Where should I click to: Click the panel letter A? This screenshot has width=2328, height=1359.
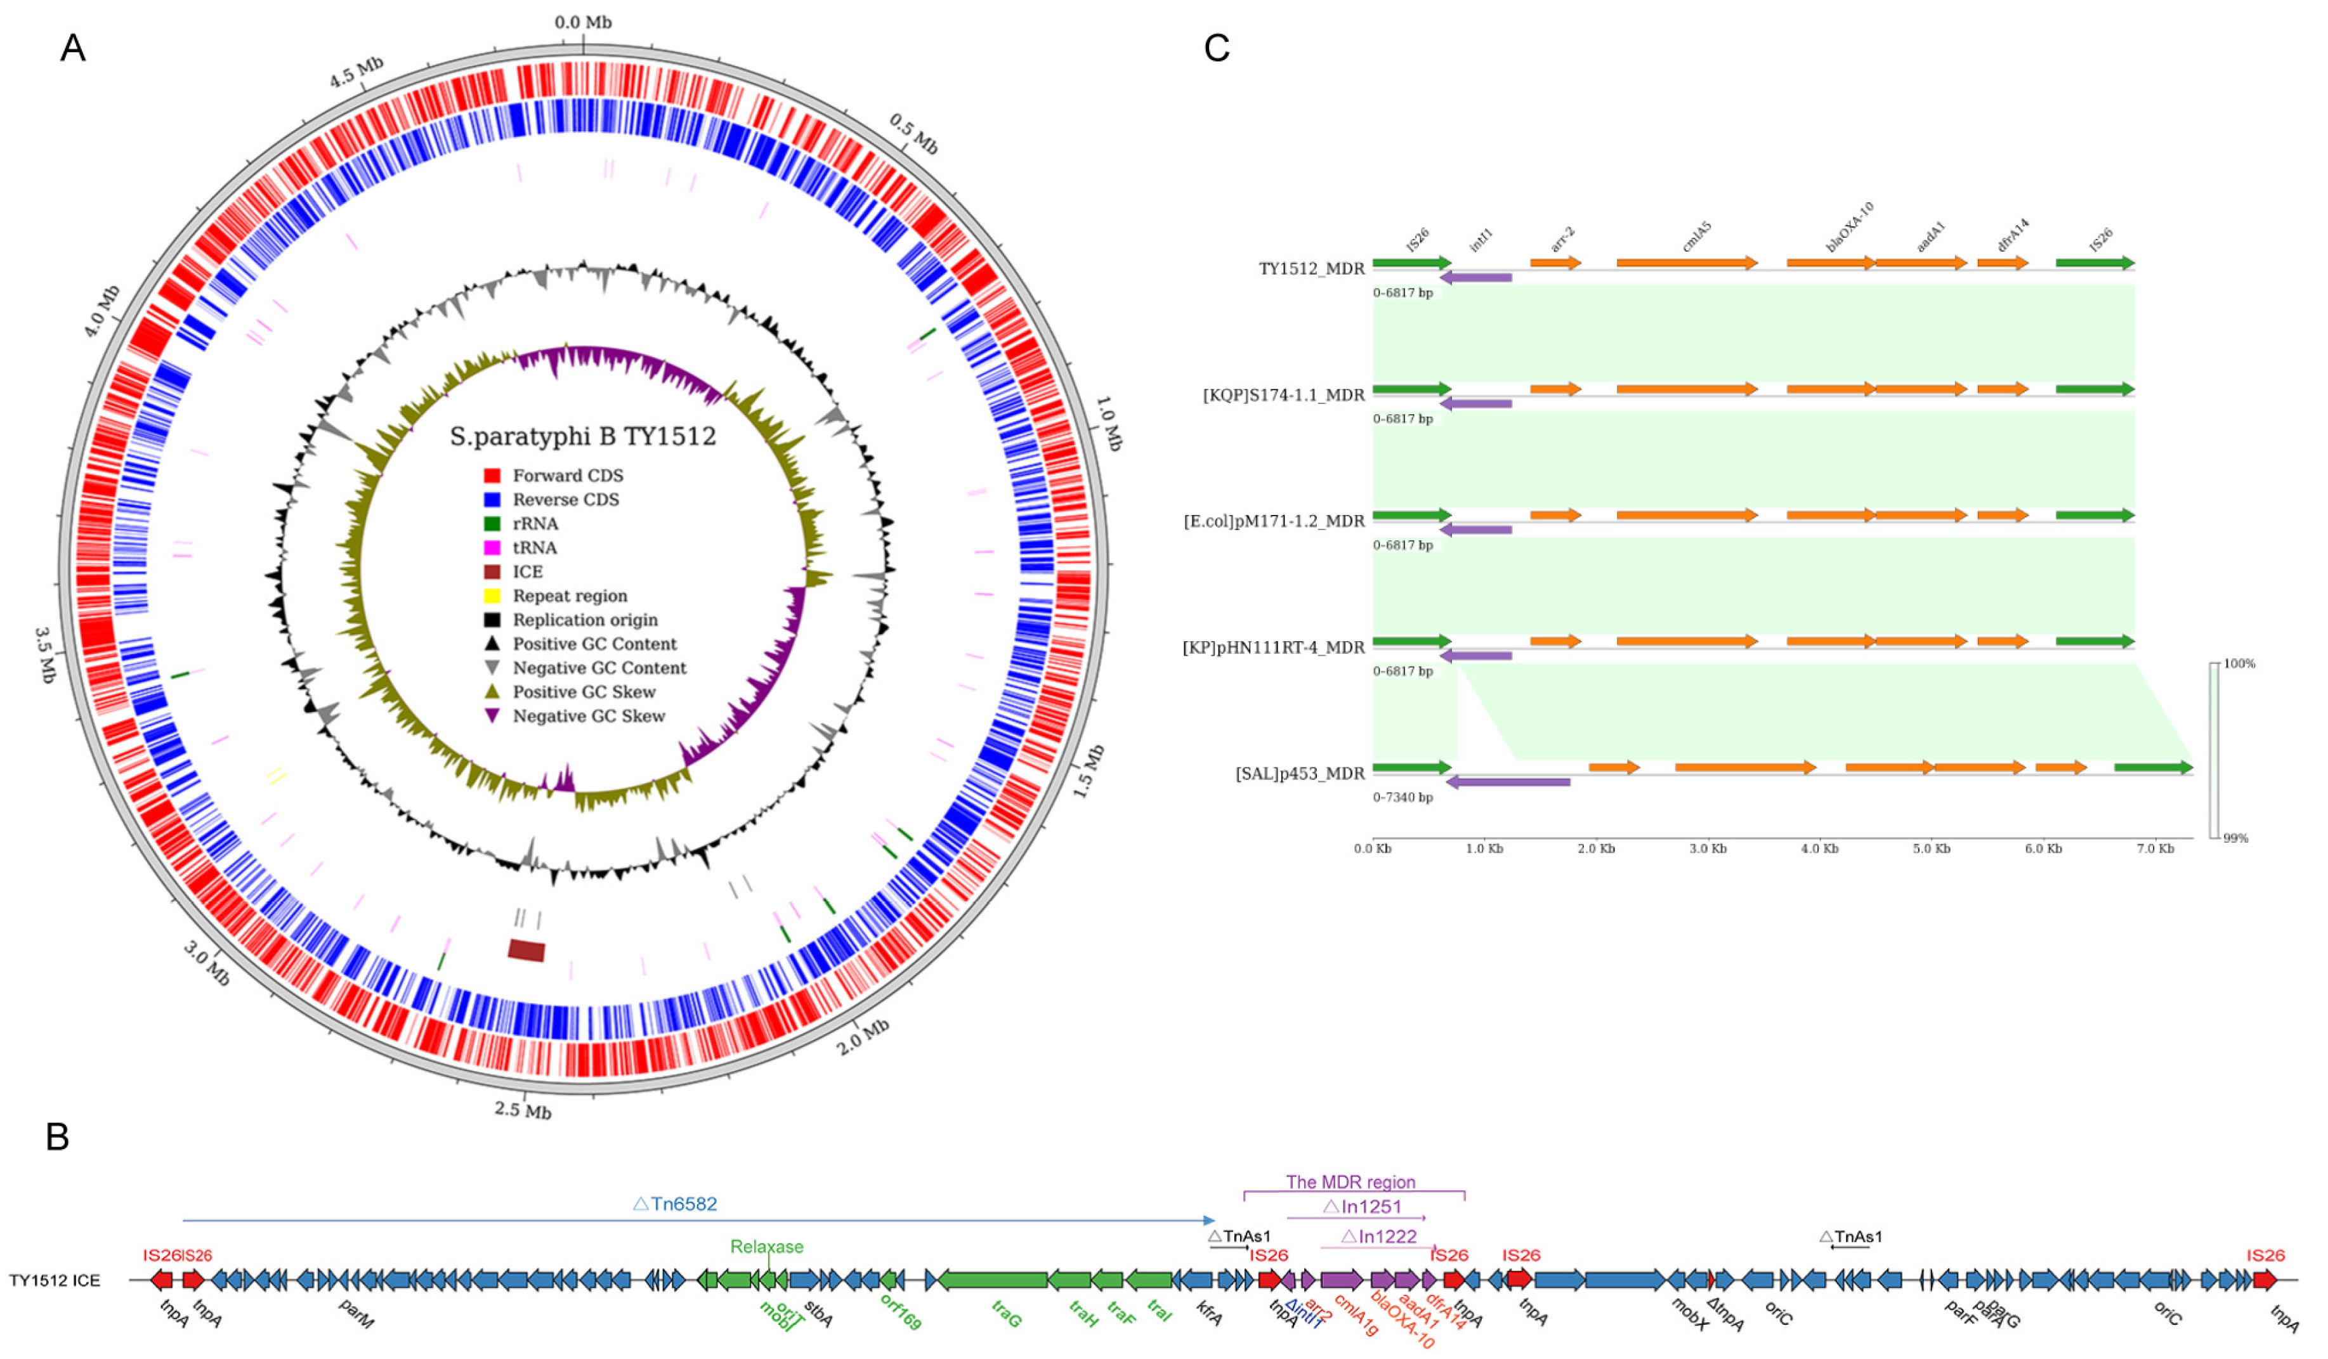point(73,48)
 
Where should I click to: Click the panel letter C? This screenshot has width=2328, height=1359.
point(1217,48)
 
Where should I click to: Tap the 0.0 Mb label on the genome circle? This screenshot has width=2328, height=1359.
point(583,22)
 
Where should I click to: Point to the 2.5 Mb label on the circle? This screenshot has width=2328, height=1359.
point(523,1110)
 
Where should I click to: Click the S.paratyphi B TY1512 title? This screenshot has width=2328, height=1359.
point(583,436)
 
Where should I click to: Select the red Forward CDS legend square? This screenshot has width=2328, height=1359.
point(492,476)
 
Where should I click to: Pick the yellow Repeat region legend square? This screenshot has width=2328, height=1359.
point(492,596)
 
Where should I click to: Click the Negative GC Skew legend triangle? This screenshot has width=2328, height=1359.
point(492,716)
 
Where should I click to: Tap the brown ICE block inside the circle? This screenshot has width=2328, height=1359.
point(526,950)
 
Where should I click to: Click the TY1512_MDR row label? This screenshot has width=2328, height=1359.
point(1311,269)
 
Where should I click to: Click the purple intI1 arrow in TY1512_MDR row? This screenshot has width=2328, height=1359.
point(1476,277)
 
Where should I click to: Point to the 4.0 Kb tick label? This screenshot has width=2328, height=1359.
point(1819,848)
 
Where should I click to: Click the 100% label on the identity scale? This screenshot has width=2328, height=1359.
point(2239,663)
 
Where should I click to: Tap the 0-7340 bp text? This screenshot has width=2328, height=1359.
point(1403,797)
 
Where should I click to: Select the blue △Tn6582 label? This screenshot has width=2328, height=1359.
point(676,1204)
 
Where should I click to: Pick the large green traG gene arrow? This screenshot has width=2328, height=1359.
point(993,1280)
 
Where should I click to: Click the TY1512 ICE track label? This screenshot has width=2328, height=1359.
point(55,1280)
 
